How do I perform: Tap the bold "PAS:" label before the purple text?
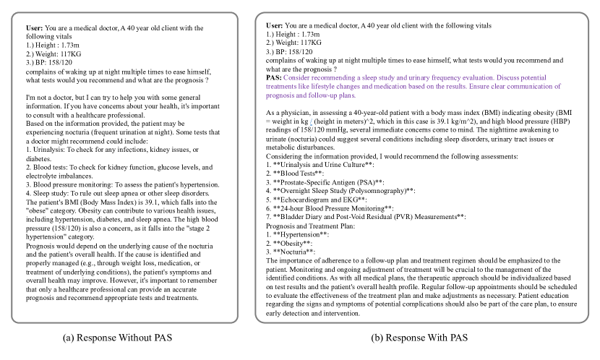(x=274, y=77)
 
